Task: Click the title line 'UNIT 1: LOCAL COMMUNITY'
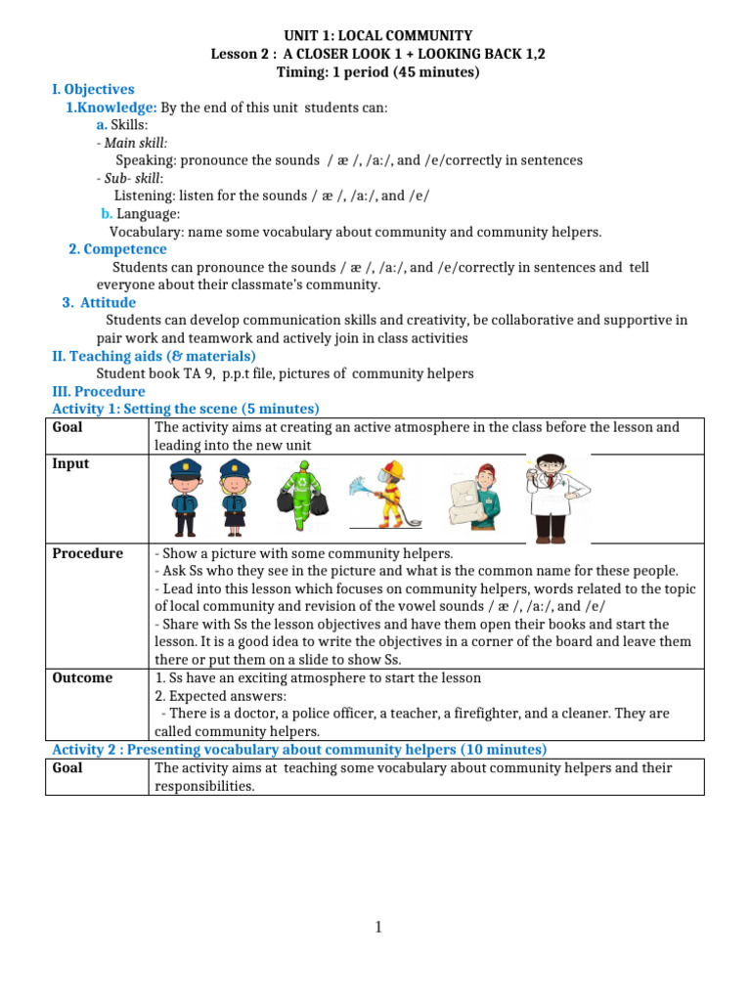point(376,35)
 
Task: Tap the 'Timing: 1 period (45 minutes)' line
point(376,71)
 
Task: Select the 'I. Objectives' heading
point(93,89)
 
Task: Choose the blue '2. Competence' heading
point(117,249)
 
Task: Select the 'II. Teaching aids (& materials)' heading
point(154,356)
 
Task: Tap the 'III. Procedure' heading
point(98,391)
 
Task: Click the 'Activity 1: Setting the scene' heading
point(186,409)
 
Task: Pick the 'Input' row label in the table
point(70,463)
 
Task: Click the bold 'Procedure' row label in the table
point(88,553)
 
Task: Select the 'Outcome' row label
point(82,677)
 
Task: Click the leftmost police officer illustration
point(185,498)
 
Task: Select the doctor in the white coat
point(553,497)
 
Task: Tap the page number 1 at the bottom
point(377,928)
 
